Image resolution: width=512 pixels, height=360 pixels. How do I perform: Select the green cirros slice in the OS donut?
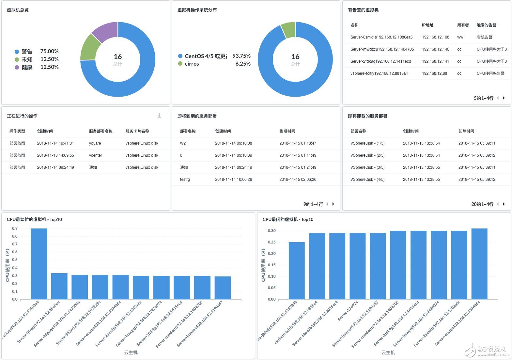point(288,30)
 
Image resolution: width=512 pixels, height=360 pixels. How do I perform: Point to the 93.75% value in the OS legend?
point(241,56)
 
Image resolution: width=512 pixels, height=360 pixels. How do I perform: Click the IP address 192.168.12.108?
point(435,37)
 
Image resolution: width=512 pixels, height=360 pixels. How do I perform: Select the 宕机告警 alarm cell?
point(484,37)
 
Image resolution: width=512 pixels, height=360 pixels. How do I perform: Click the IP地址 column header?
point(427,25)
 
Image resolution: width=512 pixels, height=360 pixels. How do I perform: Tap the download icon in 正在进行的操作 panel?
point(159,116)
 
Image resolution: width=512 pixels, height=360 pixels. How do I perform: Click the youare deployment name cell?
point(95,143)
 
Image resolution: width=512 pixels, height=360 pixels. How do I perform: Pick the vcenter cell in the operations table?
point(96,155)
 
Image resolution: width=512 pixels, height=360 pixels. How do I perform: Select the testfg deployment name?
point(185,180)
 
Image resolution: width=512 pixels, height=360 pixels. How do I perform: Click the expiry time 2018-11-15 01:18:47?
point(298,143)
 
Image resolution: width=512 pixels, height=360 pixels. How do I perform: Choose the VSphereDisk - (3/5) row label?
point(367,167)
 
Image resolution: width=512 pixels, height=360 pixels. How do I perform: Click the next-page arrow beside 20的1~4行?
point(504,204)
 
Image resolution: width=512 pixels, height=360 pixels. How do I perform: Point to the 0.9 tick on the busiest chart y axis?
point(15,228)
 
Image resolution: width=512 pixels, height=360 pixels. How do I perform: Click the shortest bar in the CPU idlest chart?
point(297,271)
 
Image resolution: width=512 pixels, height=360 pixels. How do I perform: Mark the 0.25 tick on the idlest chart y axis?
point(272,242)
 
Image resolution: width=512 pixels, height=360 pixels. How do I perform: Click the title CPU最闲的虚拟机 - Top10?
point(288,219)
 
